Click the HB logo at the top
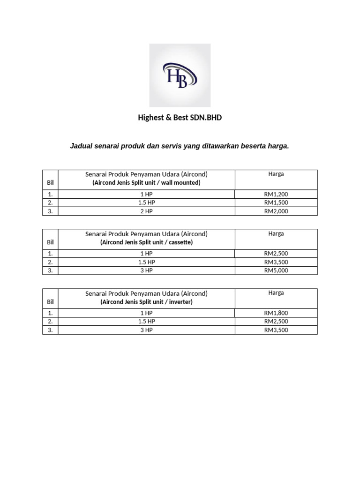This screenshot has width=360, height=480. coord(180,75)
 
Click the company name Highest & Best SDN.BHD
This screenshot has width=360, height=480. coord(180,118)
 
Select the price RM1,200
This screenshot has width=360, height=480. coord(276,194)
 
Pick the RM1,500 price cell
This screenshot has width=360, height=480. coord(276,202)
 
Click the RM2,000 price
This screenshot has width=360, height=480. coord(276,211)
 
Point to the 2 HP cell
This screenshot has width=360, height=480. coord(146,211)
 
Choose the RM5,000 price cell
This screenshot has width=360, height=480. coord(276,270)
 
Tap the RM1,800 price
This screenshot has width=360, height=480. coord(276,313)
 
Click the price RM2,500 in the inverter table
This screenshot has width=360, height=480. coord(276,322)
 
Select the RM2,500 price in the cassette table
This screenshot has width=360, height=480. coord(276,254)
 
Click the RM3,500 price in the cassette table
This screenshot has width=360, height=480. coord(276,262)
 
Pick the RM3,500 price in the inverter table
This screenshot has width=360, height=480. coord(276,330)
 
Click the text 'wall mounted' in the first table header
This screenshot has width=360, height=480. coord(180,183)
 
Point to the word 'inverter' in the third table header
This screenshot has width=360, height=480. coord(180,302)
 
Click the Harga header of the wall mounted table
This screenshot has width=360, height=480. coord(276,174)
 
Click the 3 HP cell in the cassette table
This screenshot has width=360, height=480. coord(146,270)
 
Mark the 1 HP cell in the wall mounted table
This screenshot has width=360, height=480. coord(146,194)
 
